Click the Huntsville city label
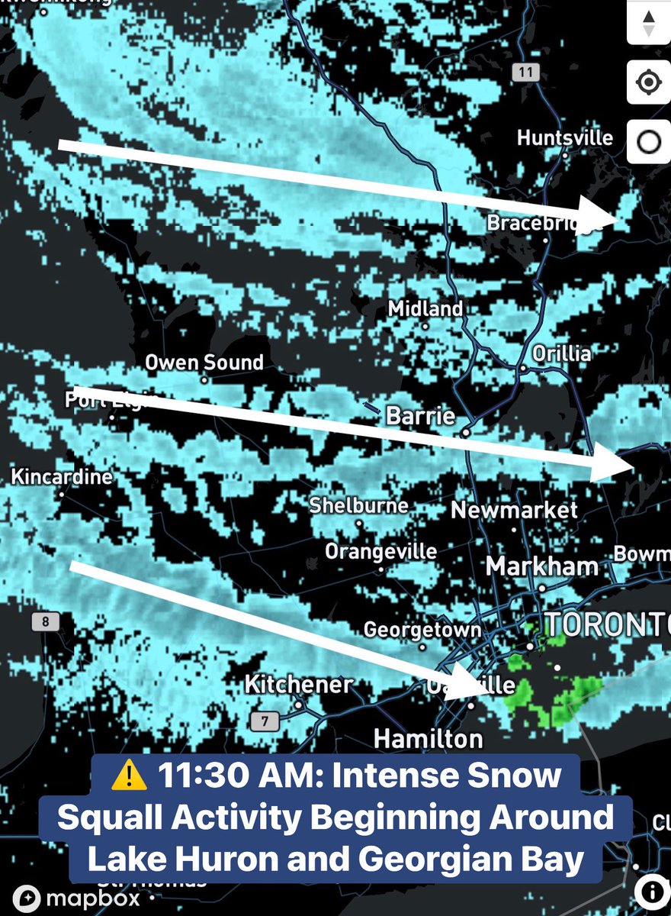click(x=564, y=138)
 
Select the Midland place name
click(x=425, y=309)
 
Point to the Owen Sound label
click(x=204, y=362)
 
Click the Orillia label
click(x=562, y=353)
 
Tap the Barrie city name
click(x=421, y=416)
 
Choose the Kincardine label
click(x=62, y=478)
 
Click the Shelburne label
click(x=358, y=505)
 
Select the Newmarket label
click(x=515, y=510)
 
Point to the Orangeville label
click(x=381, y=551)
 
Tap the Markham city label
click(x=541, y=567)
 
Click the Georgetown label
click(x=422, y=630)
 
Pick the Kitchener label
click(x=299, y=684)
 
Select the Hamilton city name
click(x=428, y=739)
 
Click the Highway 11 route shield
click(x=525, y=73)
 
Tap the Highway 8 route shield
click(x=45, y=621)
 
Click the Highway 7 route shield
click(x=265, y=720)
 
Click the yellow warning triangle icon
click(x=130, y=776)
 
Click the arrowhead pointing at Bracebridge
click(x=599, y=211)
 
